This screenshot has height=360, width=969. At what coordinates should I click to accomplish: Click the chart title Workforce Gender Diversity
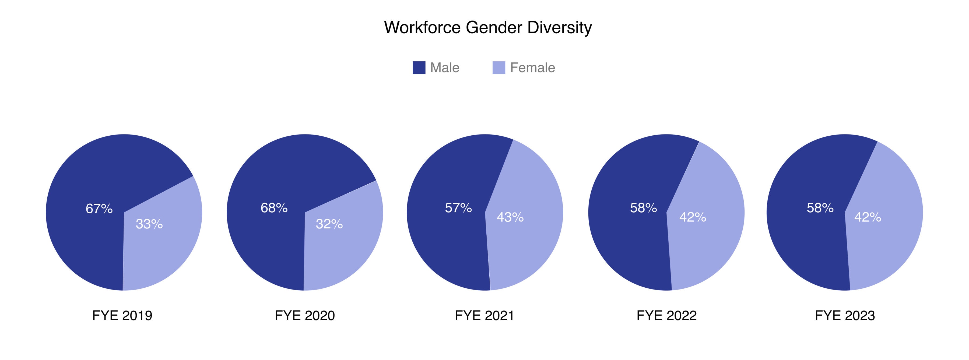[488, 27]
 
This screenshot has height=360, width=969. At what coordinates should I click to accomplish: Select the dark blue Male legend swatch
[419, 68]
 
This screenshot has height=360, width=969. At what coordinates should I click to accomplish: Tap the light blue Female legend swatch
[498, 68]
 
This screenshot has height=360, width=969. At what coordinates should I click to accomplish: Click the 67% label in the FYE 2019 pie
[99, 209]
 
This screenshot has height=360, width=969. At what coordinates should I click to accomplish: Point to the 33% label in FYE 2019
[149, 224]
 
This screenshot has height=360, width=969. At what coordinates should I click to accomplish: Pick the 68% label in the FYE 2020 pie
[274, 208]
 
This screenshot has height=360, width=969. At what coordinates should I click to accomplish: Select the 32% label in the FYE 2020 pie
[329, 224]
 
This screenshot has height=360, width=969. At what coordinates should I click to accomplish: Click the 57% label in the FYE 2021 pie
[458, 208]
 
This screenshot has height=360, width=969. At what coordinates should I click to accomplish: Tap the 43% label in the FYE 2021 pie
[510, 217]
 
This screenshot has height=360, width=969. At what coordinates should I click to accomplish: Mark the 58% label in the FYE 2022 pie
[643, 208]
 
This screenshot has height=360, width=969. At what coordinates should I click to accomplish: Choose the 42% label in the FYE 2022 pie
[693, 217]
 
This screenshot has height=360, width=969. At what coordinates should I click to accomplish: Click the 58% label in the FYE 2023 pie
[820, 208]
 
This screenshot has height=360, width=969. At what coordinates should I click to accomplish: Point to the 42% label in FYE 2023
[868, 217]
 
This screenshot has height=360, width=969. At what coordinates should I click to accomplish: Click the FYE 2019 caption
[122, 315]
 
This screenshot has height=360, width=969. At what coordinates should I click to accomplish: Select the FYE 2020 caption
[305, 315]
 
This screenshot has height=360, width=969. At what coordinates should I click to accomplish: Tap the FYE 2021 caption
[484, 315]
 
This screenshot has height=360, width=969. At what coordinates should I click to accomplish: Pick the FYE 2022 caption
[666, 315]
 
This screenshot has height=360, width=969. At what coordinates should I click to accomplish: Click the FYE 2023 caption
[845, 315]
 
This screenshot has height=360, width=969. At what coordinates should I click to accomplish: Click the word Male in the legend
[445, 68]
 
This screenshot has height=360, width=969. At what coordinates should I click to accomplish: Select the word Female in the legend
[532, 68]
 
